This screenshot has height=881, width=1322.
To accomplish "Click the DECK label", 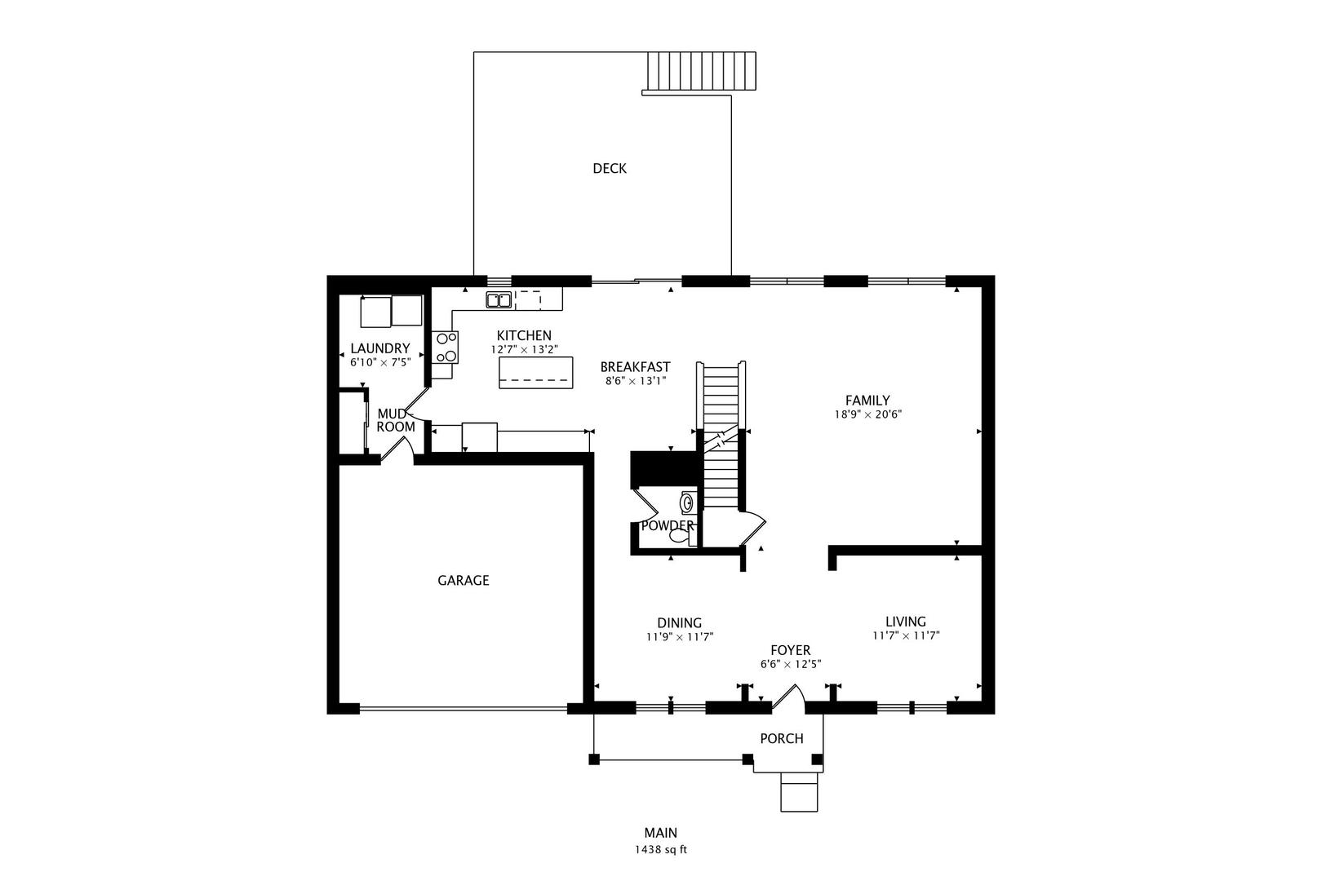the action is point(610,169).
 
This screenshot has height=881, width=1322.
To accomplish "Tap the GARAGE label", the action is point(464,581).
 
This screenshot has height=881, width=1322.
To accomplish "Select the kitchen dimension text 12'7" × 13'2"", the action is point(524,349).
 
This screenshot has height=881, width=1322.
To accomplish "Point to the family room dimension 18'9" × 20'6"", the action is point(867,414).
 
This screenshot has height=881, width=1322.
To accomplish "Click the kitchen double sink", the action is point(499,299).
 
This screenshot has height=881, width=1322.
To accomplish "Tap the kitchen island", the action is point(536,372).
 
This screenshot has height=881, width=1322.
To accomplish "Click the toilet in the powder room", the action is point(681,536).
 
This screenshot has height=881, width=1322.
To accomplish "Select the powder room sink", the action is point(688,502).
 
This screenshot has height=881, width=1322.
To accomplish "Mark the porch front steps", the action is point(799,792).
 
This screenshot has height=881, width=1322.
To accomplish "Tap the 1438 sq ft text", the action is point(661,850).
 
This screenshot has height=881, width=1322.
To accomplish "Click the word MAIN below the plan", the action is point(661,833).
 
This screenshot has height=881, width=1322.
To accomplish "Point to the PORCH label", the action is point(782,739).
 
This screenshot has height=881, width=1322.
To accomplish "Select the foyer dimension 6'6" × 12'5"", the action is point(791,665).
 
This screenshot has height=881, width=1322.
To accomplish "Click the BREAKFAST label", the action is point(636,367).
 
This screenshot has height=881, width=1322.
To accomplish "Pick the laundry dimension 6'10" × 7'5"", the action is point(380,362).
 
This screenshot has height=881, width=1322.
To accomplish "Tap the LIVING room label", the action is point(906,622).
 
